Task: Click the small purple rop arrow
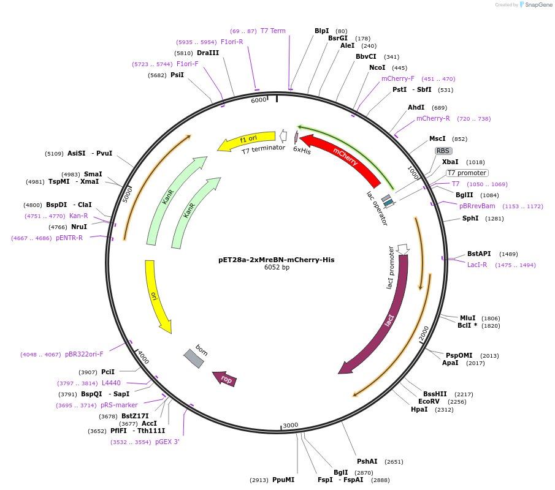pos(224,379)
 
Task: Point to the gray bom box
pos(194,358)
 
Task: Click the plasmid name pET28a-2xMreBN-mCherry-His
pos(276,260)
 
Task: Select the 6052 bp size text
pos(277,268)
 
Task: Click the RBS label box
pos(443,151)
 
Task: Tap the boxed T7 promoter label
pos(467,173)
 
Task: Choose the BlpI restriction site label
pos(321,31)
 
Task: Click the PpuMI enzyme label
pos(283,480)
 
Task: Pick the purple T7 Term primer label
pos(273,31)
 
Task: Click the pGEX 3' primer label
pos(167,442)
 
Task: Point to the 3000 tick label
pos(290,425)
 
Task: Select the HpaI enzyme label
pos(419,410)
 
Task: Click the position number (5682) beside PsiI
pos(157,75)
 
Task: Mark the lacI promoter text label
pos(390,268)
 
